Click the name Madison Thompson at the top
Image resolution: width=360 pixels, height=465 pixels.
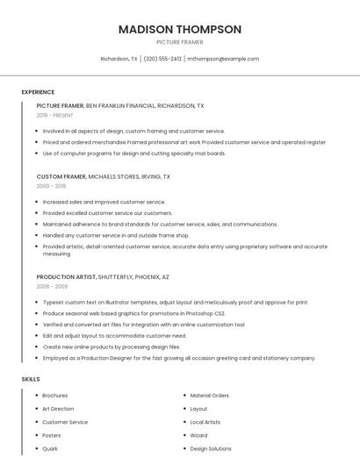pos(179,29)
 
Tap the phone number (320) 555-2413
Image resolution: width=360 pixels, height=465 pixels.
pos(162,59)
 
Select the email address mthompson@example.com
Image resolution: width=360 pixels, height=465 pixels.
pos(224,59)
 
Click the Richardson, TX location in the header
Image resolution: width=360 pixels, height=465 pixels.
pos(119,59)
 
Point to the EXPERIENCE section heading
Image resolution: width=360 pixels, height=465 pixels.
pos(38,92)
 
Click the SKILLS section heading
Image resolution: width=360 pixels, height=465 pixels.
pos(31,379)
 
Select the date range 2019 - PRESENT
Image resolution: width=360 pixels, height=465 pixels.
pos(55,115)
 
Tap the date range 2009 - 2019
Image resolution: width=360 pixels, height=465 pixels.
pos(51,186)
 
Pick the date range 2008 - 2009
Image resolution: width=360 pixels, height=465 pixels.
pos(52,286)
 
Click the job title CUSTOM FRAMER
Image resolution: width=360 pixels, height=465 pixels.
pos(61,176)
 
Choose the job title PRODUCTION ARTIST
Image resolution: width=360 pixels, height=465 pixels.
pos(66,276)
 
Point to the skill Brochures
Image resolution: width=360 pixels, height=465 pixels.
pos(54,396)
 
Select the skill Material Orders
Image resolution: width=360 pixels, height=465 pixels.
pos(209,396)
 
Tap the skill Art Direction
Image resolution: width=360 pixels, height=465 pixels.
pos(58,409)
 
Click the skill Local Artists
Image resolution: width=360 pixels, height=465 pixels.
pos(206,422)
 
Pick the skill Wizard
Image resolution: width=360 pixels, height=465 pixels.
pos(198,435)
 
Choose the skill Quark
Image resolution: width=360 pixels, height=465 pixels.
pos(50,448)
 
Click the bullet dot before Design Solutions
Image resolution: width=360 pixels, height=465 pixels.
pos(183,448)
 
